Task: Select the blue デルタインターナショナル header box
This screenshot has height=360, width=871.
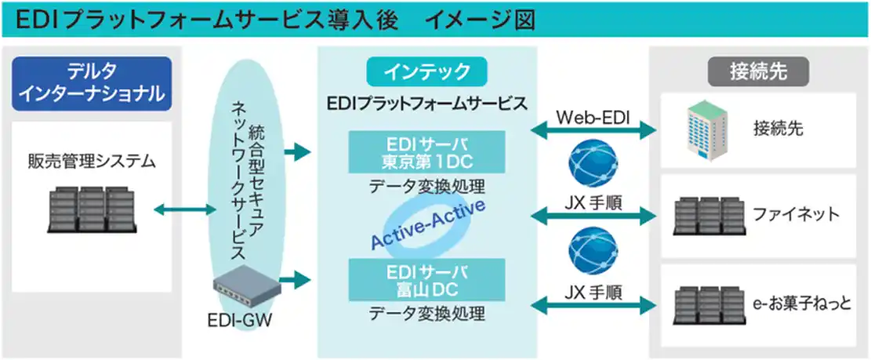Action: (92, 83)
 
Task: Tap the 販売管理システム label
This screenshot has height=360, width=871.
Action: (92, 162)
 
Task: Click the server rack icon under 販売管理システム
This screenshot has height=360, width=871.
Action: (92, 209)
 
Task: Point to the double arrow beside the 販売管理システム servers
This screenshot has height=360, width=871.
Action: (184, 209)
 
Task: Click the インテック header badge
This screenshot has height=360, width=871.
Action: (426, 72)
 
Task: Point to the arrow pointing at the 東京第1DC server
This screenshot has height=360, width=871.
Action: (297, 152)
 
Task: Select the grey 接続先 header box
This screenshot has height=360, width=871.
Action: (757, 72)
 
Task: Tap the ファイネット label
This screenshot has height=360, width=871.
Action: (795, 213)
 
